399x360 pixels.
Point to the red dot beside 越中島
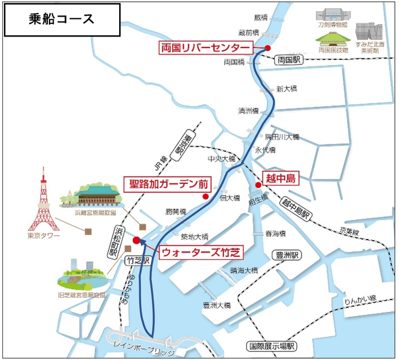point(258,185)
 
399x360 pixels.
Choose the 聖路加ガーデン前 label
point(166,184)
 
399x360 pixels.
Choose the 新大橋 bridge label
point(287,89)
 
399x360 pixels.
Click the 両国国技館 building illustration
point(333,39)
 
